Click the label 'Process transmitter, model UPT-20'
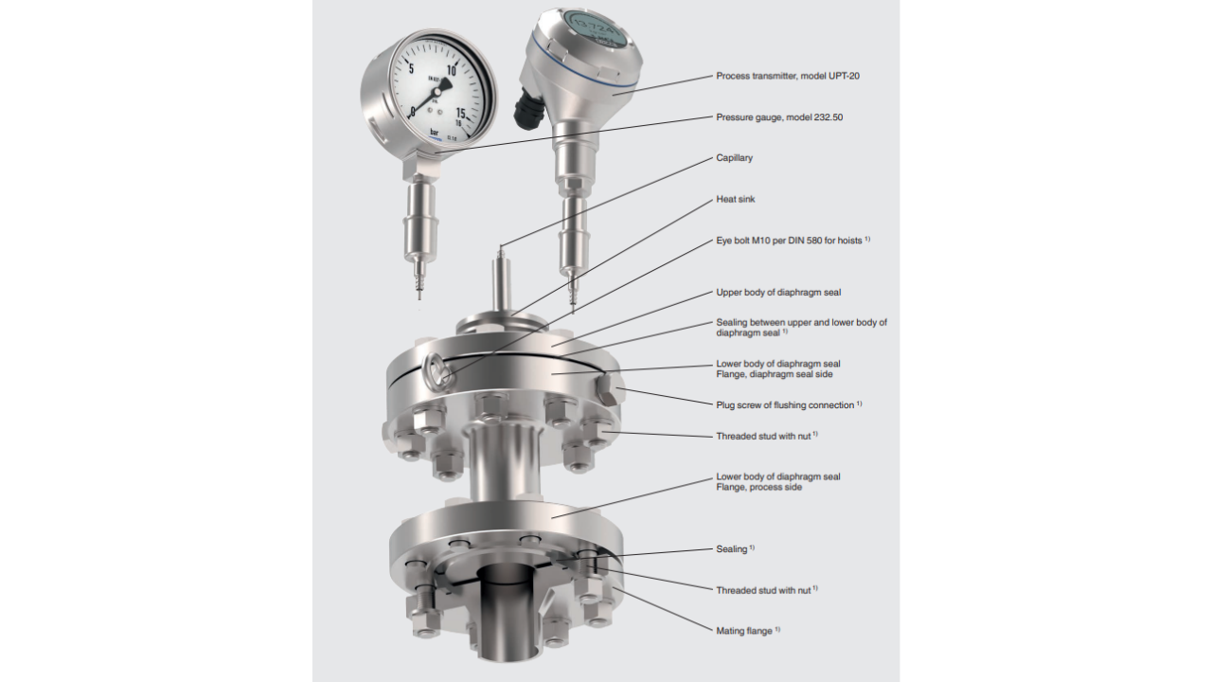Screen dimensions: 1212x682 point(788,76)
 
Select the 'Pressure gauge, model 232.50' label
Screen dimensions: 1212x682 point(779,117)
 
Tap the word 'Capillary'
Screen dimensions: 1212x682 point(734,157)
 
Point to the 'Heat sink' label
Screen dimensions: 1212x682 point(736,199)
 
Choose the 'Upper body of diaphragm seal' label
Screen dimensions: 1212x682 point(778,293)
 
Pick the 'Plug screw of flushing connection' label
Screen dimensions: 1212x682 point(785,404)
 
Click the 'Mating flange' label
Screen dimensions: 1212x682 point(744,631)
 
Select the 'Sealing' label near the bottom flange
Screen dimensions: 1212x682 point(732,548)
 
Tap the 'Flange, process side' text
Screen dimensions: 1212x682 point(759,487)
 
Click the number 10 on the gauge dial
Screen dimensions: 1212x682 point(452,70)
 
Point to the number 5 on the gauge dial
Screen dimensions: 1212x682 point(411,69)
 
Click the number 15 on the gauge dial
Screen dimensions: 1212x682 point(460,113)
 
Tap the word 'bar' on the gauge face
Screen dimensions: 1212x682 point(435,132)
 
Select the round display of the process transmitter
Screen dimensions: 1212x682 point(597,32)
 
